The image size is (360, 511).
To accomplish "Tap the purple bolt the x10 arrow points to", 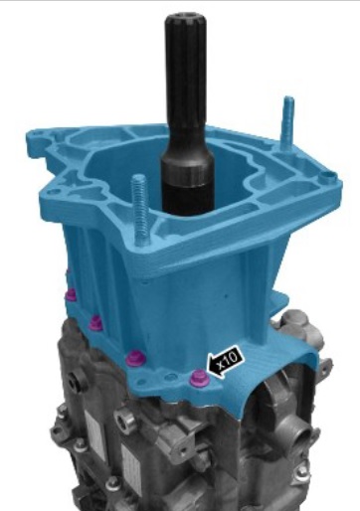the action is [x=199, y=379].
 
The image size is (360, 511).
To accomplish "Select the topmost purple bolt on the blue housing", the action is [x=71, y=294].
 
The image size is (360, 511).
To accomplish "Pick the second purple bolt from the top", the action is [x=95, y=322].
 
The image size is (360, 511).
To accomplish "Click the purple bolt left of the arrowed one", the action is [x=135, y=357].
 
